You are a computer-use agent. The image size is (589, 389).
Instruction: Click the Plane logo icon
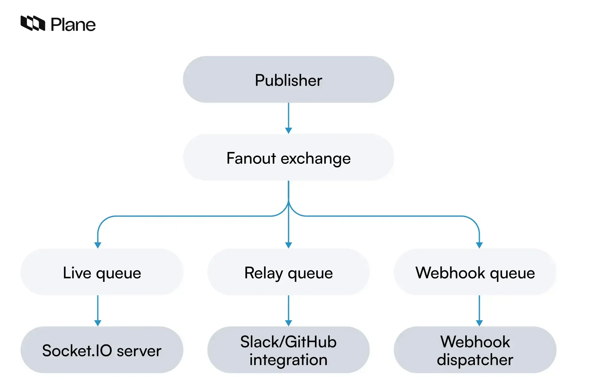point(33,23)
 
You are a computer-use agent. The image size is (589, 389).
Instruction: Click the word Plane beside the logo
point(73,25)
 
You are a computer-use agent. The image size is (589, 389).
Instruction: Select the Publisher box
point(288,79)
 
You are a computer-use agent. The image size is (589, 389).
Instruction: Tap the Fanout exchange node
point(288,158)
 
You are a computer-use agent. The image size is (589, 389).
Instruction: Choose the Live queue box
point(102,272)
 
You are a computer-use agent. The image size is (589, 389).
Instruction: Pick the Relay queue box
point(288,272)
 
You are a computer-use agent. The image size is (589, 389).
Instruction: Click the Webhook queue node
point(475,272)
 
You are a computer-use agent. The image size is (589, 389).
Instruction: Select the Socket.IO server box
point(102,350)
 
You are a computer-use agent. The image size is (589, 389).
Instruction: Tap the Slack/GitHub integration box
point(288,350)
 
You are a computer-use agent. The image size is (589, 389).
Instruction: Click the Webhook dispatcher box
point(475,350)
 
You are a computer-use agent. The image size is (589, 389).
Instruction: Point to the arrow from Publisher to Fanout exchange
point(288,117)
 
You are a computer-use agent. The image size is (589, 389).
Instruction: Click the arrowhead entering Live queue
point(98,245)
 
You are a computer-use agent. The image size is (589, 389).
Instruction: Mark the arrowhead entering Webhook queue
point(479,245)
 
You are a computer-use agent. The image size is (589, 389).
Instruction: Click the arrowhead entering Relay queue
point(288,245)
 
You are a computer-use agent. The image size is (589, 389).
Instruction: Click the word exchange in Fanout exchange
point(316,159)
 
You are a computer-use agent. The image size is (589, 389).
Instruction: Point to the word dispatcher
point(475,359)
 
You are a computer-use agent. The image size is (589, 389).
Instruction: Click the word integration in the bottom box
point(288,359)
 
